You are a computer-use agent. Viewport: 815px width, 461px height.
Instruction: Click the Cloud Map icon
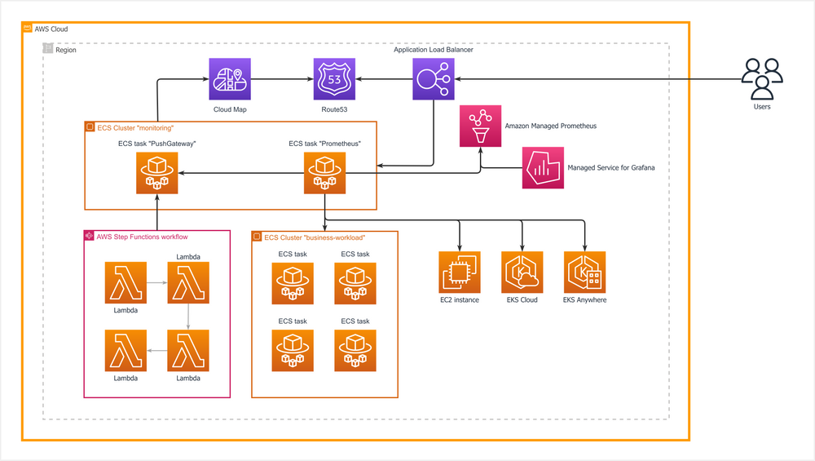point(230,79)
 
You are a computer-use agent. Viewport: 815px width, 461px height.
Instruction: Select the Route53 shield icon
point(335,79)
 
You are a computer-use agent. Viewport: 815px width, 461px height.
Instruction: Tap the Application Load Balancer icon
point(433,79)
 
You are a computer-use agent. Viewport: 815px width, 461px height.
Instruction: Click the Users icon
point(762,78)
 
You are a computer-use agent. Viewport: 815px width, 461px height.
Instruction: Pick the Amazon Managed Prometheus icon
point(481,126)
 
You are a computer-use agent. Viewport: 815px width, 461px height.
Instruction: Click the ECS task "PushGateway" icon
point(157,173)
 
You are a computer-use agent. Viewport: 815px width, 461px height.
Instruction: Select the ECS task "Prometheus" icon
point(324,173)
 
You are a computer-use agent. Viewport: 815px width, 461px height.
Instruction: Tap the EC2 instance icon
point(460,272)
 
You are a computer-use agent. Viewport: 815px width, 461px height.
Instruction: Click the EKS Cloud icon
point(522,272)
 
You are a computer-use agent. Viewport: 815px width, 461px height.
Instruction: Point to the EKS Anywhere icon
point(584,272)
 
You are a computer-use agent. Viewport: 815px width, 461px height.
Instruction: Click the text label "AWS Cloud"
point(51,29)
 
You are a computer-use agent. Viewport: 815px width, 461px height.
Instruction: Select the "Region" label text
point(65,50)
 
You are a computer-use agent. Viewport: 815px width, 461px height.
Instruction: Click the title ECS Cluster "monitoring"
point(135,128)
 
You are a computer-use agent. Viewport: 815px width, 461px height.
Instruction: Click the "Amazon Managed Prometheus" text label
point(550,126)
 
